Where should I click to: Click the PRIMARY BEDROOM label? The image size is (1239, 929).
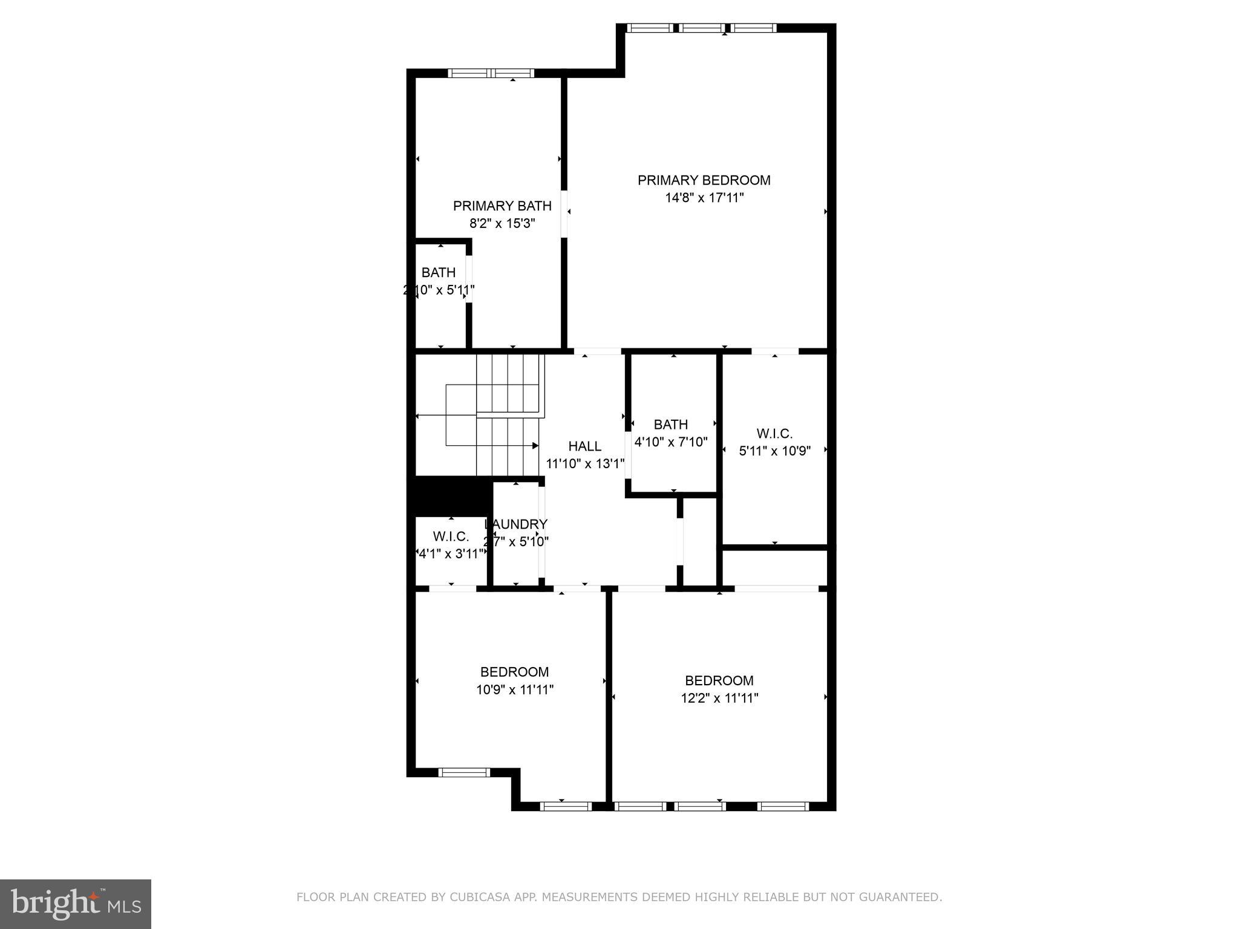pos(704,180)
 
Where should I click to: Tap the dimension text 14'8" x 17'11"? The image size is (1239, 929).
pos(704,198)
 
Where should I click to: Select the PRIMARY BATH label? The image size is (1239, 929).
pos(502,206)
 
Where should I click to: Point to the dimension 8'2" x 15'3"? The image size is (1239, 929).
pos(502,223)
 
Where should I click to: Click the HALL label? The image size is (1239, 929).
pos(584,446)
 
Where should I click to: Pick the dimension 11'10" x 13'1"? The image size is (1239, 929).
pos(584,464)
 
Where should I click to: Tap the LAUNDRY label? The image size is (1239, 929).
pos(516,524)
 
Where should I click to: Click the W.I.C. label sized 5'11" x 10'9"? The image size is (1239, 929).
pos(774,434)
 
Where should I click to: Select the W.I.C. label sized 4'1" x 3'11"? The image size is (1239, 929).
pos(451,536)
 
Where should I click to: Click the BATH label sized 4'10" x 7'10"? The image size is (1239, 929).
pos(670,425)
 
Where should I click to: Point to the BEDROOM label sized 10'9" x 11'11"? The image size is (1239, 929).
pos(514,672)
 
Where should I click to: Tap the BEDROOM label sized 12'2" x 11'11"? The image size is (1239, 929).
pos(719,680)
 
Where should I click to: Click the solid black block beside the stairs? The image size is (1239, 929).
pos(451,495)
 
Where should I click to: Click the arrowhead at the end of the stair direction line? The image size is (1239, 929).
pos(535,446)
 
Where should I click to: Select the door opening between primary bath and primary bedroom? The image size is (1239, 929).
pos(564,214)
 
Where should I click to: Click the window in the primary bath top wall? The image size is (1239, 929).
pos(491,73)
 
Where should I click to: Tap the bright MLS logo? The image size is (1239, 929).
pos(75,904)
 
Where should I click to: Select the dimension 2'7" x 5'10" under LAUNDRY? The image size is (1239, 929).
pos(516,542)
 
